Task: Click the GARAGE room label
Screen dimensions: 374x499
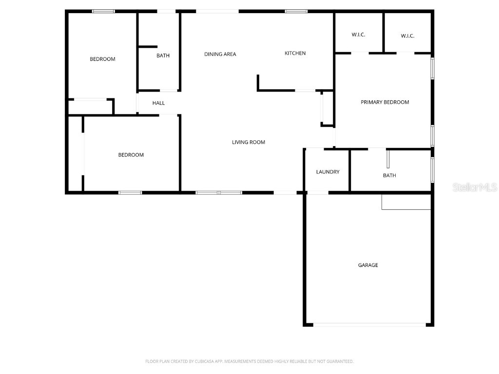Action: [x=368, y=265]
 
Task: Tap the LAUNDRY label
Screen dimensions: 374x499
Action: [x=327, y=172]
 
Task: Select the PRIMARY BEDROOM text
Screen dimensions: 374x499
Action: [x=384, y=102]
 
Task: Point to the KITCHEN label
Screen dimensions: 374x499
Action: [x=295, y=54]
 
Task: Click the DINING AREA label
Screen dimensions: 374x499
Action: [x=220, y=54]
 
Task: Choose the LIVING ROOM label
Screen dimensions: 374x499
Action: [x=248, y=142]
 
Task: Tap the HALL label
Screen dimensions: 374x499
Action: [x=158, y=103]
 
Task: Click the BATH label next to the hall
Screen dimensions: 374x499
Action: [x=163, y=56]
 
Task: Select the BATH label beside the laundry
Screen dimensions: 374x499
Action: [x=389, y=175]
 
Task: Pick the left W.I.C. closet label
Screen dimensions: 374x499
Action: [x=358, y=35]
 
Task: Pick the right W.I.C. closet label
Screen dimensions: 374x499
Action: [x=407, y=36]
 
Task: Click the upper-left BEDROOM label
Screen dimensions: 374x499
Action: [x=102, y=59]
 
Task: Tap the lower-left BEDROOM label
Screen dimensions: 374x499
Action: [x=131, y=155]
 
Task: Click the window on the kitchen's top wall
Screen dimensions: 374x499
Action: [x=296, y=11]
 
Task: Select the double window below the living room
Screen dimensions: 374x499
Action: [x=219, y=193]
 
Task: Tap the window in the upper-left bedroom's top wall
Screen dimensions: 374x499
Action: [x=103, y=11]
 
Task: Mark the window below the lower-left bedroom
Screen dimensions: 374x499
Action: [x=130, y=193]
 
